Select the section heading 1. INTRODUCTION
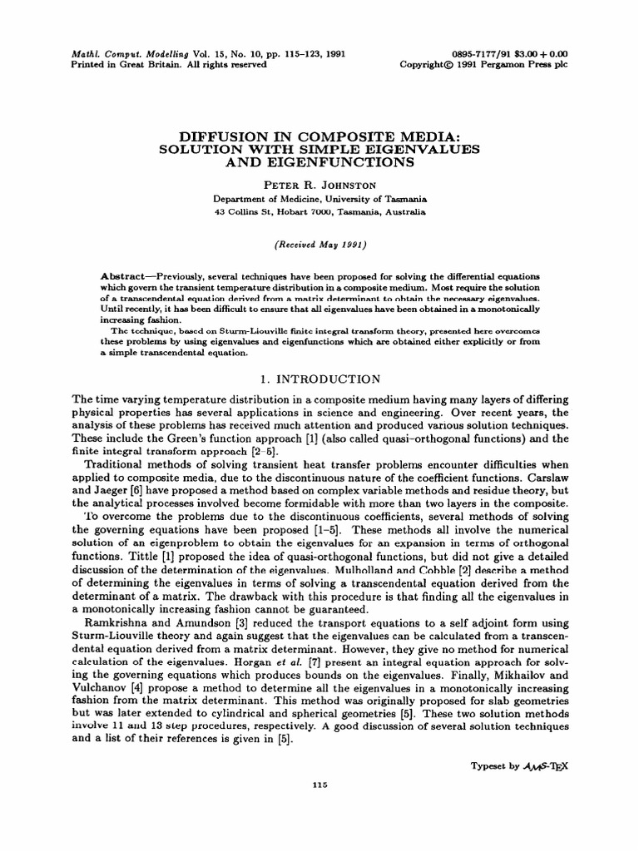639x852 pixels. [x=319, y=379]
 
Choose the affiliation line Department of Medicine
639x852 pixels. [x=319, y=197]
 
